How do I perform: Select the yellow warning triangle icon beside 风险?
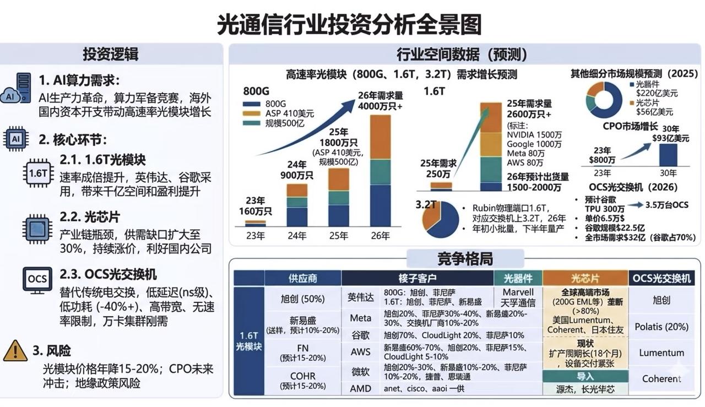(15, 351)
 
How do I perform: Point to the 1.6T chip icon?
(37, 173)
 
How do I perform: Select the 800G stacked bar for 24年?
(297, 205)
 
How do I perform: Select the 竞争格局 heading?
(465, 258)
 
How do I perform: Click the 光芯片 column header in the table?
(585, 278)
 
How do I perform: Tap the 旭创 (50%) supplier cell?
(302, 299)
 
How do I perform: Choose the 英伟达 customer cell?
(360, 297)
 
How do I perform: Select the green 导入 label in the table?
(585, 376)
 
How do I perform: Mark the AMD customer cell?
(360, 388)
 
